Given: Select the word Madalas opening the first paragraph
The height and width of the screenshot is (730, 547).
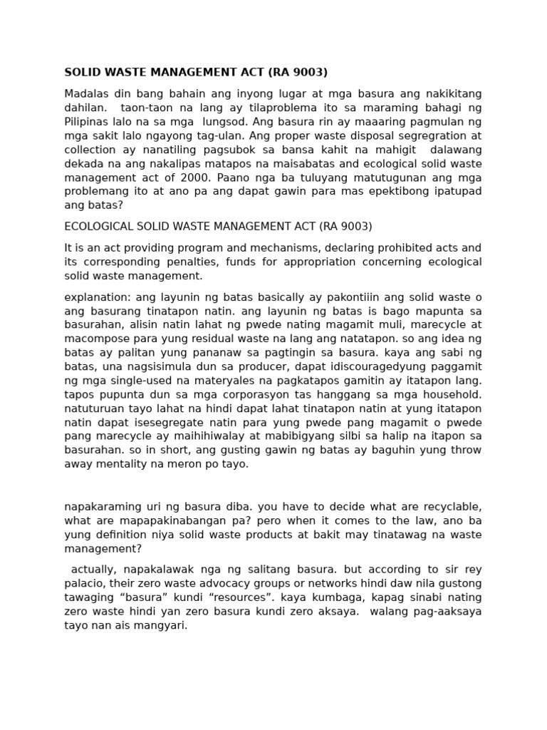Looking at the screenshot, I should pyautogui.click(x=88, y=94).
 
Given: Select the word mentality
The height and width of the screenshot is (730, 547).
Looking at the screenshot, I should pyautogui.click(x=128, y=464).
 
